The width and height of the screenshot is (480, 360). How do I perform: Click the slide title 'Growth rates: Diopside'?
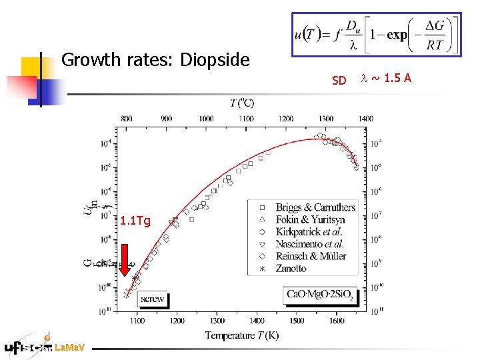click(x=155, y=61)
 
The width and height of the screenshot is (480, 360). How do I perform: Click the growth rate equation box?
click(x=376, y=34)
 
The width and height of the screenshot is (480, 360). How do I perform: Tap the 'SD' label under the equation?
click(x=339, y=81)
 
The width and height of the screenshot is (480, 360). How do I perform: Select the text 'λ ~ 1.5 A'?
click(x=386, y=79)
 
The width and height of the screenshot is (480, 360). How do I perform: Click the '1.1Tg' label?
click(x=136, y=221)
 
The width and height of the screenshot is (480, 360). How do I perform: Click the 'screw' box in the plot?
click(x=153, y=299)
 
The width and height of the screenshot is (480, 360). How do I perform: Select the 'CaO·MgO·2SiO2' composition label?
click(x=321, y=294)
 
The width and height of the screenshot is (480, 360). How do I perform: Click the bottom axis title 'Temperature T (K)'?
click(x=241, y=335)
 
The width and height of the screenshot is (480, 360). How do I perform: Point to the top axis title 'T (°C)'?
click(x=241, y=103)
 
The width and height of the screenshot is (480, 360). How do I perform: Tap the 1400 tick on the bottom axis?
click(x=257, y=321)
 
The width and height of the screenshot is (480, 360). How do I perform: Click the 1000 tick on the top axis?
click(x=206, y=119)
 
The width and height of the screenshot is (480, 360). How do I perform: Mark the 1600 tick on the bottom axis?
click(x=337, y=321)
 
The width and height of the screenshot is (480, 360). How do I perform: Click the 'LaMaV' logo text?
click(x=69, y=347)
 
